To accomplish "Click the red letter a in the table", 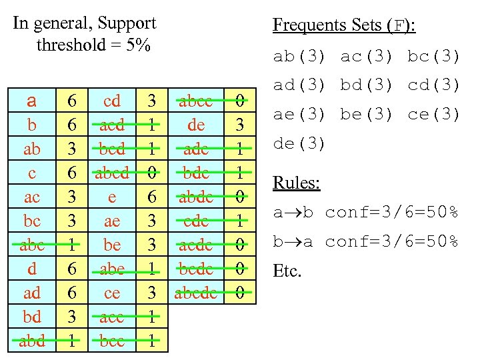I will coord(31,102).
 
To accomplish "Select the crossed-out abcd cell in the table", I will coord(112,173).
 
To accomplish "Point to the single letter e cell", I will coord(112,197).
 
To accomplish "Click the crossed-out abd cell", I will coord(31,341).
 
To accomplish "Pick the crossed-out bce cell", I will coord(112,341).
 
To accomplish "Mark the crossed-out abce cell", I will coord(195,101).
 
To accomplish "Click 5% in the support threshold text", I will coord(138,45).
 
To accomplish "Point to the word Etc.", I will coord(287,271).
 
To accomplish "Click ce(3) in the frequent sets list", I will coord(434,115).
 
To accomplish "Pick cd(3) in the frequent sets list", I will coord(434,85).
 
